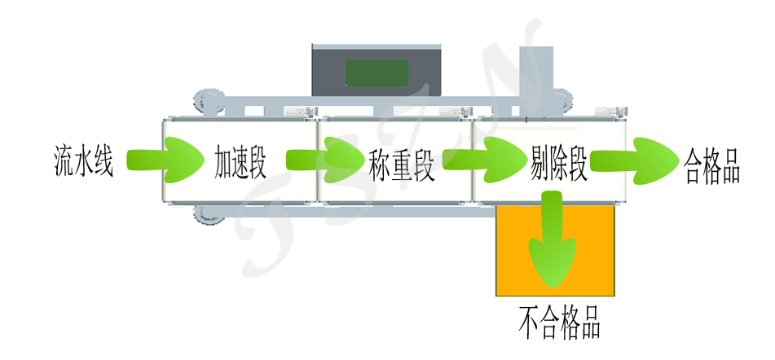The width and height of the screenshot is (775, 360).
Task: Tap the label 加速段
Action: pyautogui.click(x=240, y=161)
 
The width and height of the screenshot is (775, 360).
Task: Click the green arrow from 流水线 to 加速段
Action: pyautogui.click(x=170, y=159)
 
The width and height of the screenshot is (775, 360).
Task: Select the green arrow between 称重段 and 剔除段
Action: pyautogui.click(x=484, y=159)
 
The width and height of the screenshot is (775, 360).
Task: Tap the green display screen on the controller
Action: pyautogui.click(x=376, y=73)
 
